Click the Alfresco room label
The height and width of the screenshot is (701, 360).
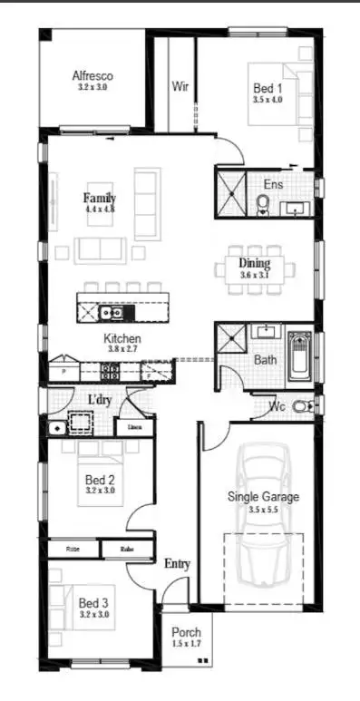click(92, 77)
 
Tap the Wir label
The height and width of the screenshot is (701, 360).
click(180, 87)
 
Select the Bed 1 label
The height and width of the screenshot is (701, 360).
click(267, 88)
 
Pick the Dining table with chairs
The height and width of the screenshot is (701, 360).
click(255, 268)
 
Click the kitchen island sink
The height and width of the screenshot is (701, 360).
click(112, 314)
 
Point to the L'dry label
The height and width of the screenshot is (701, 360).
click(101, 400)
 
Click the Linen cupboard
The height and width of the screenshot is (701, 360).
click(134, 426)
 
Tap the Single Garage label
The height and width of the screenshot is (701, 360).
click(262, 497)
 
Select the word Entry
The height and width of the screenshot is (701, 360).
click(177, 564)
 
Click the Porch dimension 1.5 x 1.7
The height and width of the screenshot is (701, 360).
click(186, 644)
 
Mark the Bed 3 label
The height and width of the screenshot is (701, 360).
click(92, 602)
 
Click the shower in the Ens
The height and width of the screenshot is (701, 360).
click(231, 192)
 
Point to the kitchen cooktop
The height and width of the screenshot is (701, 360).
click(110, 370)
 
